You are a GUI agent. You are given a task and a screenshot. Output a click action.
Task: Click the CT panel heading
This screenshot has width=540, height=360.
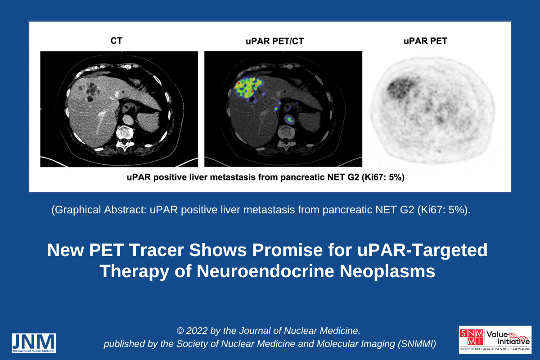click(117, 41)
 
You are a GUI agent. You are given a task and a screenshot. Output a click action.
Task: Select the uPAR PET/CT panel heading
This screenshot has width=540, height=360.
click(274, 41)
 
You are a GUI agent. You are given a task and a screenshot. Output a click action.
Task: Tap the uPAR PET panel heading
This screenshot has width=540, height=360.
click(425, 41)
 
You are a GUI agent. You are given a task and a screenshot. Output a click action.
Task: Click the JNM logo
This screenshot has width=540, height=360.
click(34, 343)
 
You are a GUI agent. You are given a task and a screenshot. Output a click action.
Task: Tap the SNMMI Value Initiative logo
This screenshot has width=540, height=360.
click(495, 339)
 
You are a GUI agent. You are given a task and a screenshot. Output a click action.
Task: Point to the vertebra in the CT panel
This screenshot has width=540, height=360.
click(124, 137)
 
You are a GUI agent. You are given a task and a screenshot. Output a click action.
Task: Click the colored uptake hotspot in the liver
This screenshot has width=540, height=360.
click(248, 89)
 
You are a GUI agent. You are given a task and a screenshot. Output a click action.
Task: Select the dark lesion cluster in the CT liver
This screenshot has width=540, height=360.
click(90, 91)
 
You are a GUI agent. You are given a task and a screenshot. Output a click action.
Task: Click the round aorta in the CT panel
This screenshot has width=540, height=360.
click(128, 119)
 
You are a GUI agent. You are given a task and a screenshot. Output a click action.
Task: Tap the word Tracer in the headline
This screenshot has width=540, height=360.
click(157, 250)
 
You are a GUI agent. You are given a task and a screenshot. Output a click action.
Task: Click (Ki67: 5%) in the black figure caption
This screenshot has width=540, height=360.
click(383, 177)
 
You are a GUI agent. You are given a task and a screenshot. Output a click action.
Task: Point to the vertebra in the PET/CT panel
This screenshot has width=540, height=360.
click(287, 137)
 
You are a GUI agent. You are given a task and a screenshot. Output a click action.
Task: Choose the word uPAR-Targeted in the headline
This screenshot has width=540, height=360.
click(423, 251)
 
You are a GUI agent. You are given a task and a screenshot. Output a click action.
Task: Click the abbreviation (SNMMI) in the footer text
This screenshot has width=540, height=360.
click(417, 344)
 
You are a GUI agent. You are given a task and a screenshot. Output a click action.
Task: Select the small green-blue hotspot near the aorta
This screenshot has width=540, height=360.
click(289, 119)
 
